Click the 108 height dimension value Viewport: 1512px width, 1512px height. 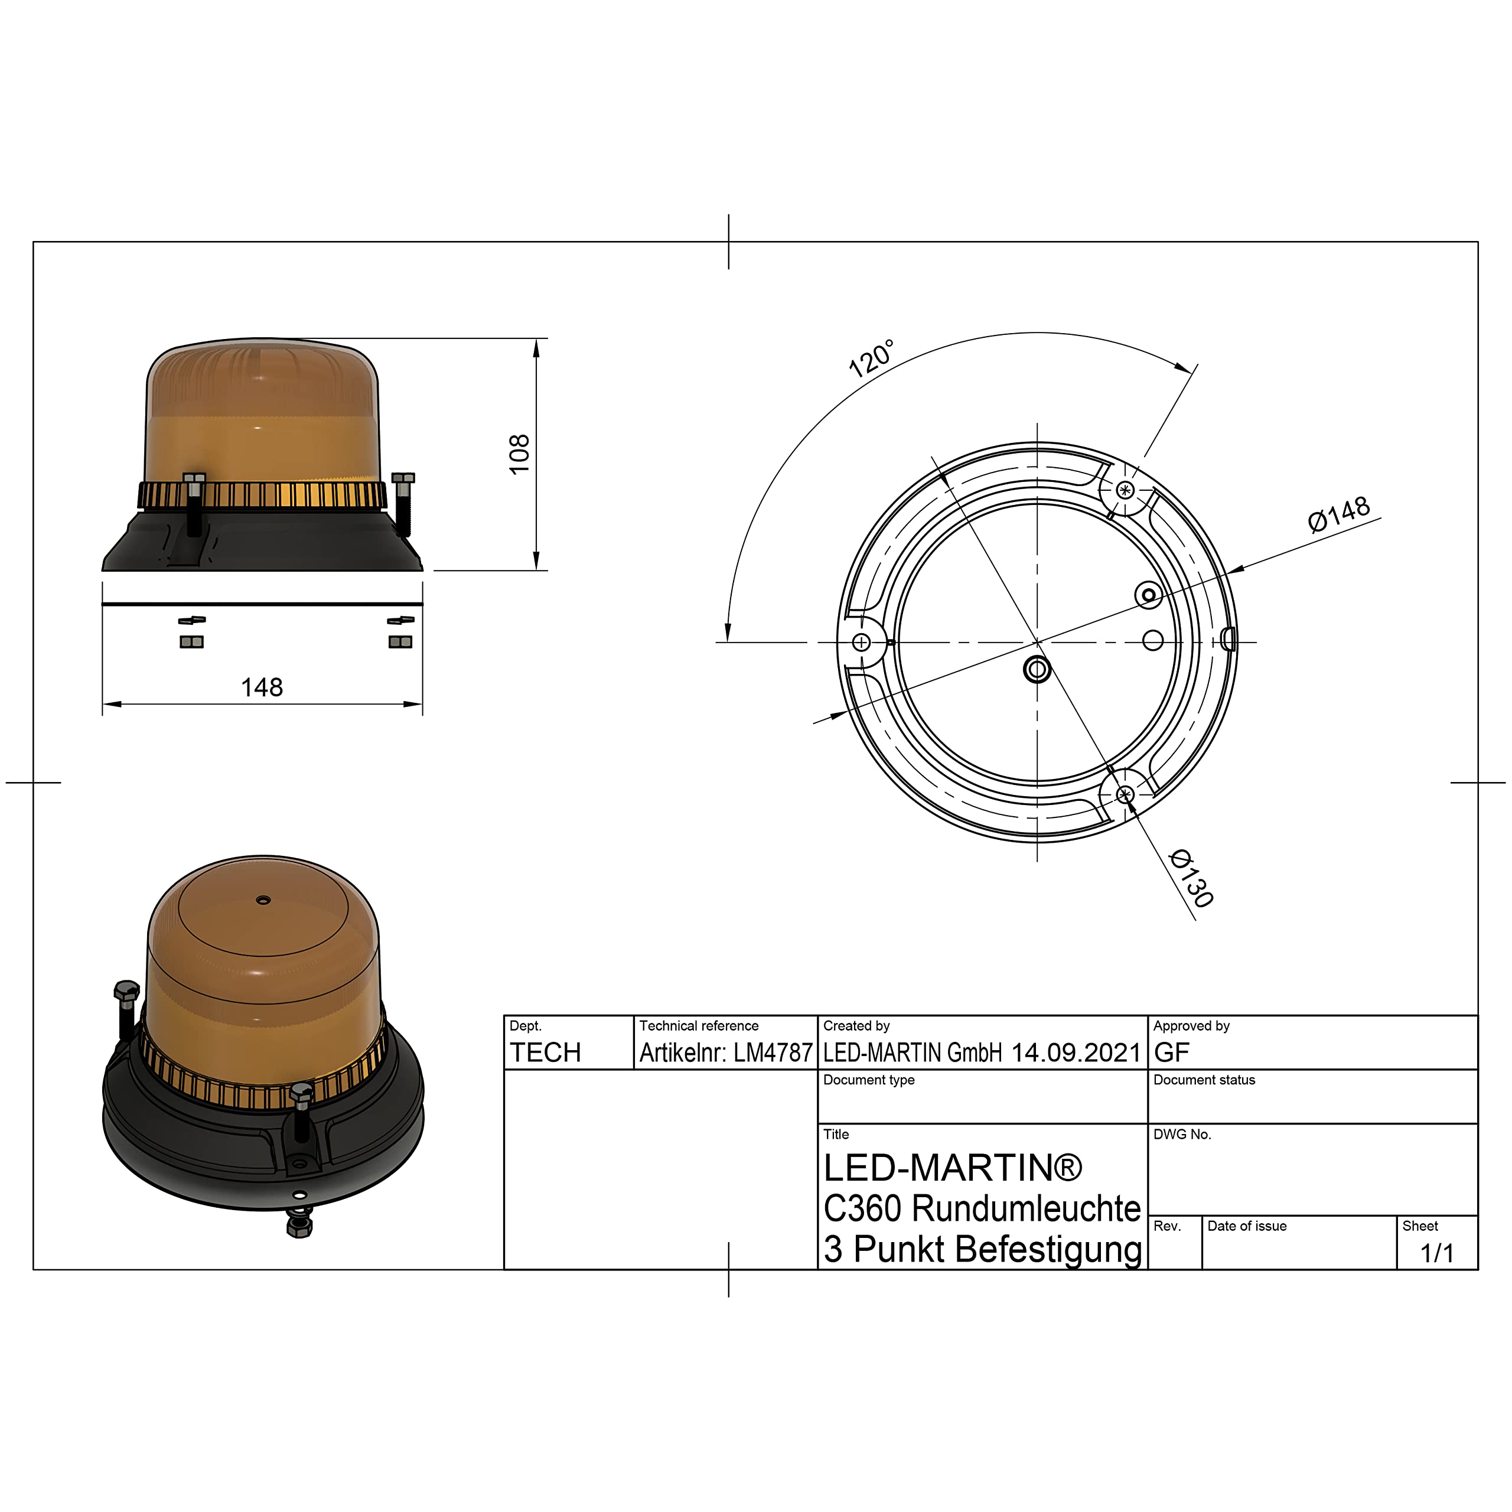(519, 454)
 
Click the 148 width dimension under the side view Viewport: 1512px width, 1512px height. (262, 687)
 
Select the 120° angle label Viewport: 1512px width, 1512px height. (871, 359)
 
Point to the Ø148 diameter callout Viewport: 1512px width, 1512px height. (1339, 514)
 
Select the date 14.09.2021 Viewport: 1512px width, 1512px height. (1076, 1052)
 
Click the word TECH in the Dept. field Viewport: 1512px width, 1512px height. (546, 1052)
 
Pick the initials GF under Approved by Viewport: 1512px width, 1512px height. (1172, 1052)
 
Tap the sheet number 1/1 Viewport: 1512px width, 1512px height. (1437, 1253)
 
